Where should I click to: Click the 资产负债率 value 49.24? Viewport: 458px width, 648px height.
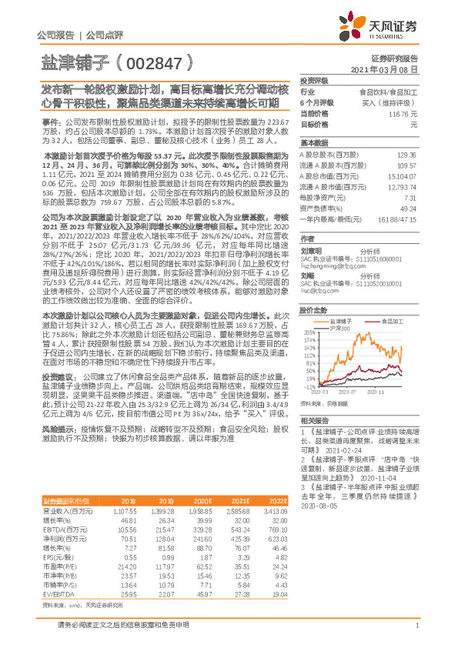(406, 208)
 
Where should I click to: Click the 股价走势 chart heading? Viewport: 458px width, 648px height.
(314, 310)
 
